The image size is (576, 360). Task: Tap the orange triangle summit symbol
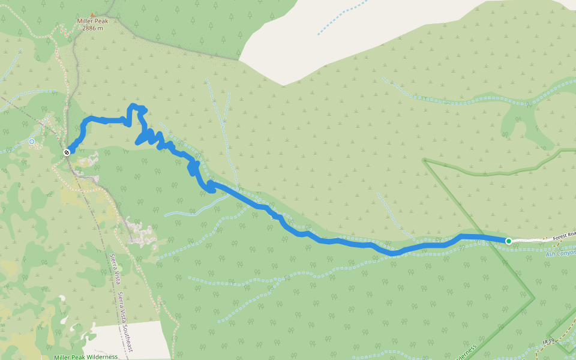pyautogui.click(x=92, y=14)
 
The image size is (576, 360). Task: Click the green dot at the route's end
pyautogui.click(x=508, y=241)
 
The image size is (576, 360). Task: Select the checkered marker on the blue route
pyautogui.click(x=67, y=152)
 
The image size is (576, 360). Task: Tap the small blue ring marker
pyautogui.click(x=32, y=142)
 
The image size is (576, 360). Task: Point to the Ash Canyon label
pyautogui.click(x=560, y=253)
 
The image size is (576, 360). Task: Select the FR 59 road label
pyautogui.click(x=546, y=341)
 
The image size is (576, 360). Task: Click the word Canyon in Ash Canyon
pyautogui.click(x=567, y=253)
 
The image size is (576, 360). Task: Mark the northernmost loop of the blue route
pyautogui.click(x=138, y=107)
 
